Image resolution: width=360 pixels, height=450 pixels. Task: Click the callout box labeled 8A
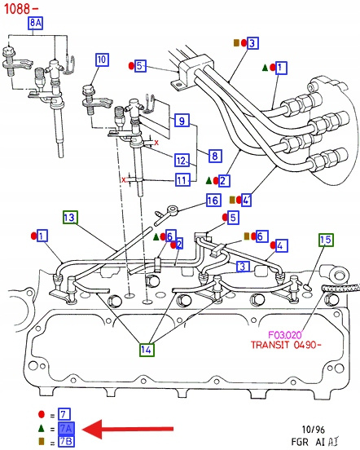35,23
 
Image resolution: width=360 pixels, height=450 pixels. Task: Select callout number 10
102,60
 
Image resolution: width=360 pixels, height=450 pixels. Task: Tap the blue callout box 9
182,121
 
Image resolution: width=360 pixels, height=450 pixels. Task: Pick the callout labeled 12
182,160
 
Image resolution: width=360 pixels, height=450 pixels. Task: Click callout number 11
182,180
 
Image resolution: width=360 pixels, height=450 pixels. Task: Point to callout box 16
213,200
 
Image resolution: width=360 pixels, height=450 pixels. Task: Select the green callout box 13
71,217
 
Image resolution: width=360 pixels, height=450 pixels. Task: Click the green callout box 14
147,350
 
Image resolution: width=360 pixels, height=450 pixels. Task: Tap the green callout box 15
326,240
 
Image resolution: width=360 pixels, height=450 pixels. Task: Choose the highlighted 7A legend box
66,429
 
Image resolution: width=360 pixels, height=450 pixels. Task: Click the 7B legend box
66,441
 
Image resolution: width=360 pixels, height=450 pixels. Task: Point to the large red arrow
128,429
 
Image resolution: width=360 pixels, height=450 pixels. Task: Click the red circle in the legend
42,414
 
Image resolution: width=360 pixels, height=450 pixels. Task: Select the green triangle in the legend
42,429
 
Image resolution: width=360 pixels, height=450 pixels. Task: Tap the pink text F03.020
284,334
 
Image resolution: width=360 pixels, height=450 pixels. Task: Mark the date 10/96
314,430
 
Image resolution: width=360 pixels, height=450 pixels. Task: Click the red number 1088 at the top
17,9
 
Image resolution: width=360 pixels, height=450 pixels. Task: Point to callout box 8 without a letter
215,156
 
